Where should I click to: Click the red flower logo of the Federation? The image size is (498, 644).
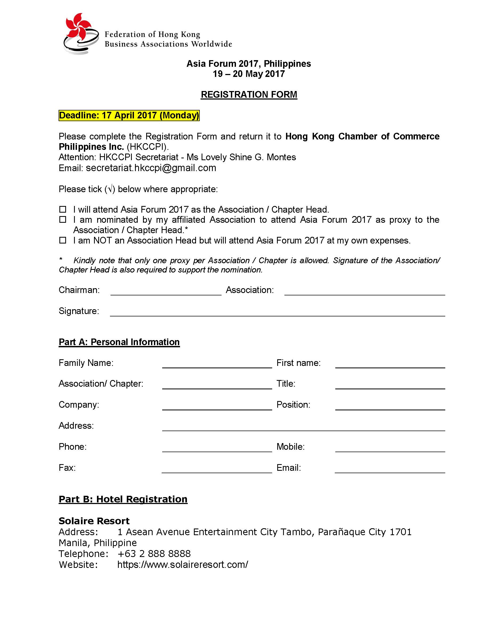[79, 28]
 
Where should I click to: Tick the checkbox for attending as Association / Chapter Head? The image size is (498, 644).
[63, 209]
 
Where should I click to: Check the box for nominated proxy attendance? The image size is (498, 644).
[63, 220]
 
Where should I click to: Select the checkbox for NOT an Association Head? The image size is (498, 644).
[63, 240]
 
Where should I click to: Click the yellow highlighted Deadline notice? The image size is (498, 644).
[129, 115]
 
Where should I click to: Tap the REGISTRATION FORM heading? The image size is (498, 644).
[249, 95]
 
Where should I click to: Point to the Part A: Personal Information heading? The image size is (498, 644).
[119, 342]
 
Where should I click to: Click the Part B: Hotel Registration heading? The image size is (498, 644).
[123, 499]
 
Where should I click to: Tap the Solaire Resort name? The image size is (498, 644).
[94, 521]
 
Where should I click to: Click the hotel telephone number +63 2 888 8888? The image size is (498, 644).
[154, 554]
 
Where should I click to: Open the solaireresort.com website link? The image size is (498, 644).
[183, 565]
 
